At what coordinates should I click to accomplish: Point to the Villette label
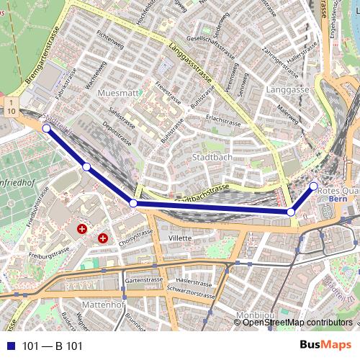point(179,238)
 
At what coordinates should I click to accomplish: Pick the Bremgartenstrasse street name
point(40,65)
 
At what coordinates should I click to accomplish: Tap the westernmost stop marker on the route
point(46,129)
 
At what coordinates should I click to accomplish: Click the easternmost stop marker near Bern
point(313,186)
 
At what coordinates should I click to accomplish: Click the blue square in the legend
point(9,346)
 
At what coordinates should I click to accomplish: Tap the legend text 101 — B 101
point(53,346)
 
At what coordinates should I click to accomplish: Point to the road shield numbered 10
point(12,111)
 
